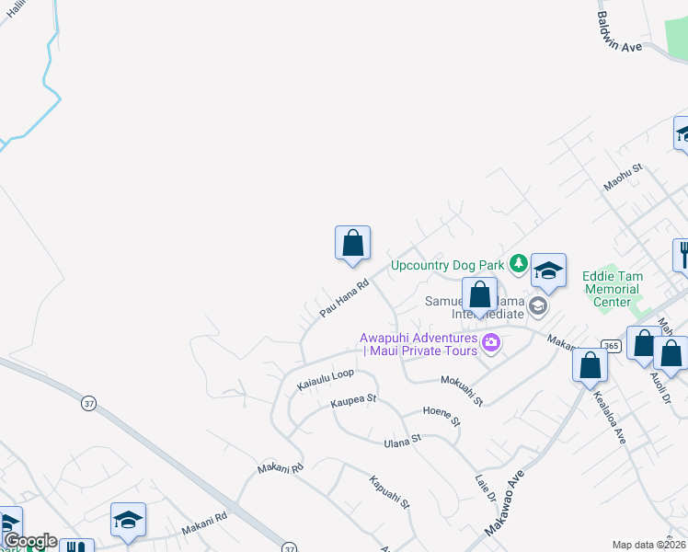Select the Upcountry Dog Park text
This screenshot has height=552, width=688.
[447, 265]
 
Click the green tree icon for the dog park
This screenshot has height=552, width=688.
[518, 265]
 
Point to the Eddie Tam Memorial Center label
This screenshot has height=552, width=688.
[613, 289]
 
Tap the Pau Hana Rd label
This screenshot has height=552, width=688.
[344, 299]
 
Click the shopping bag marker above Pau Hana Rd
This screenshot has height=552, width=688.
[352, 244]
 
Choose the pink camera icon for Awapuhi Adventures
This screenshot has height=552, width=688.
[491, 344]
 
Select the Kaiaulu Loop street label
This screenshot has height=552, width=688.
[325, 380]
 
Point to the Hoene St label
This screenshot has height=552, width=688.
[441, 416]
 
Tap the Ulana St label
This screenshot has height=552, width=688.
[402, 442]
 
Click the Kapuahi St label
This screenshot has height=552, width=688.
[389, 492]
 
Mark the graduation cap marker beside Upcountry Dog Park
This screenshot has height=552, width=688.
[548, 271]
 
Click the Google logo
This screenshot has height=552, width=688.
[29, 541]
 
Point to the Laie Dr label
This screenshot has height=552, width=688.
[486, 487]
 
